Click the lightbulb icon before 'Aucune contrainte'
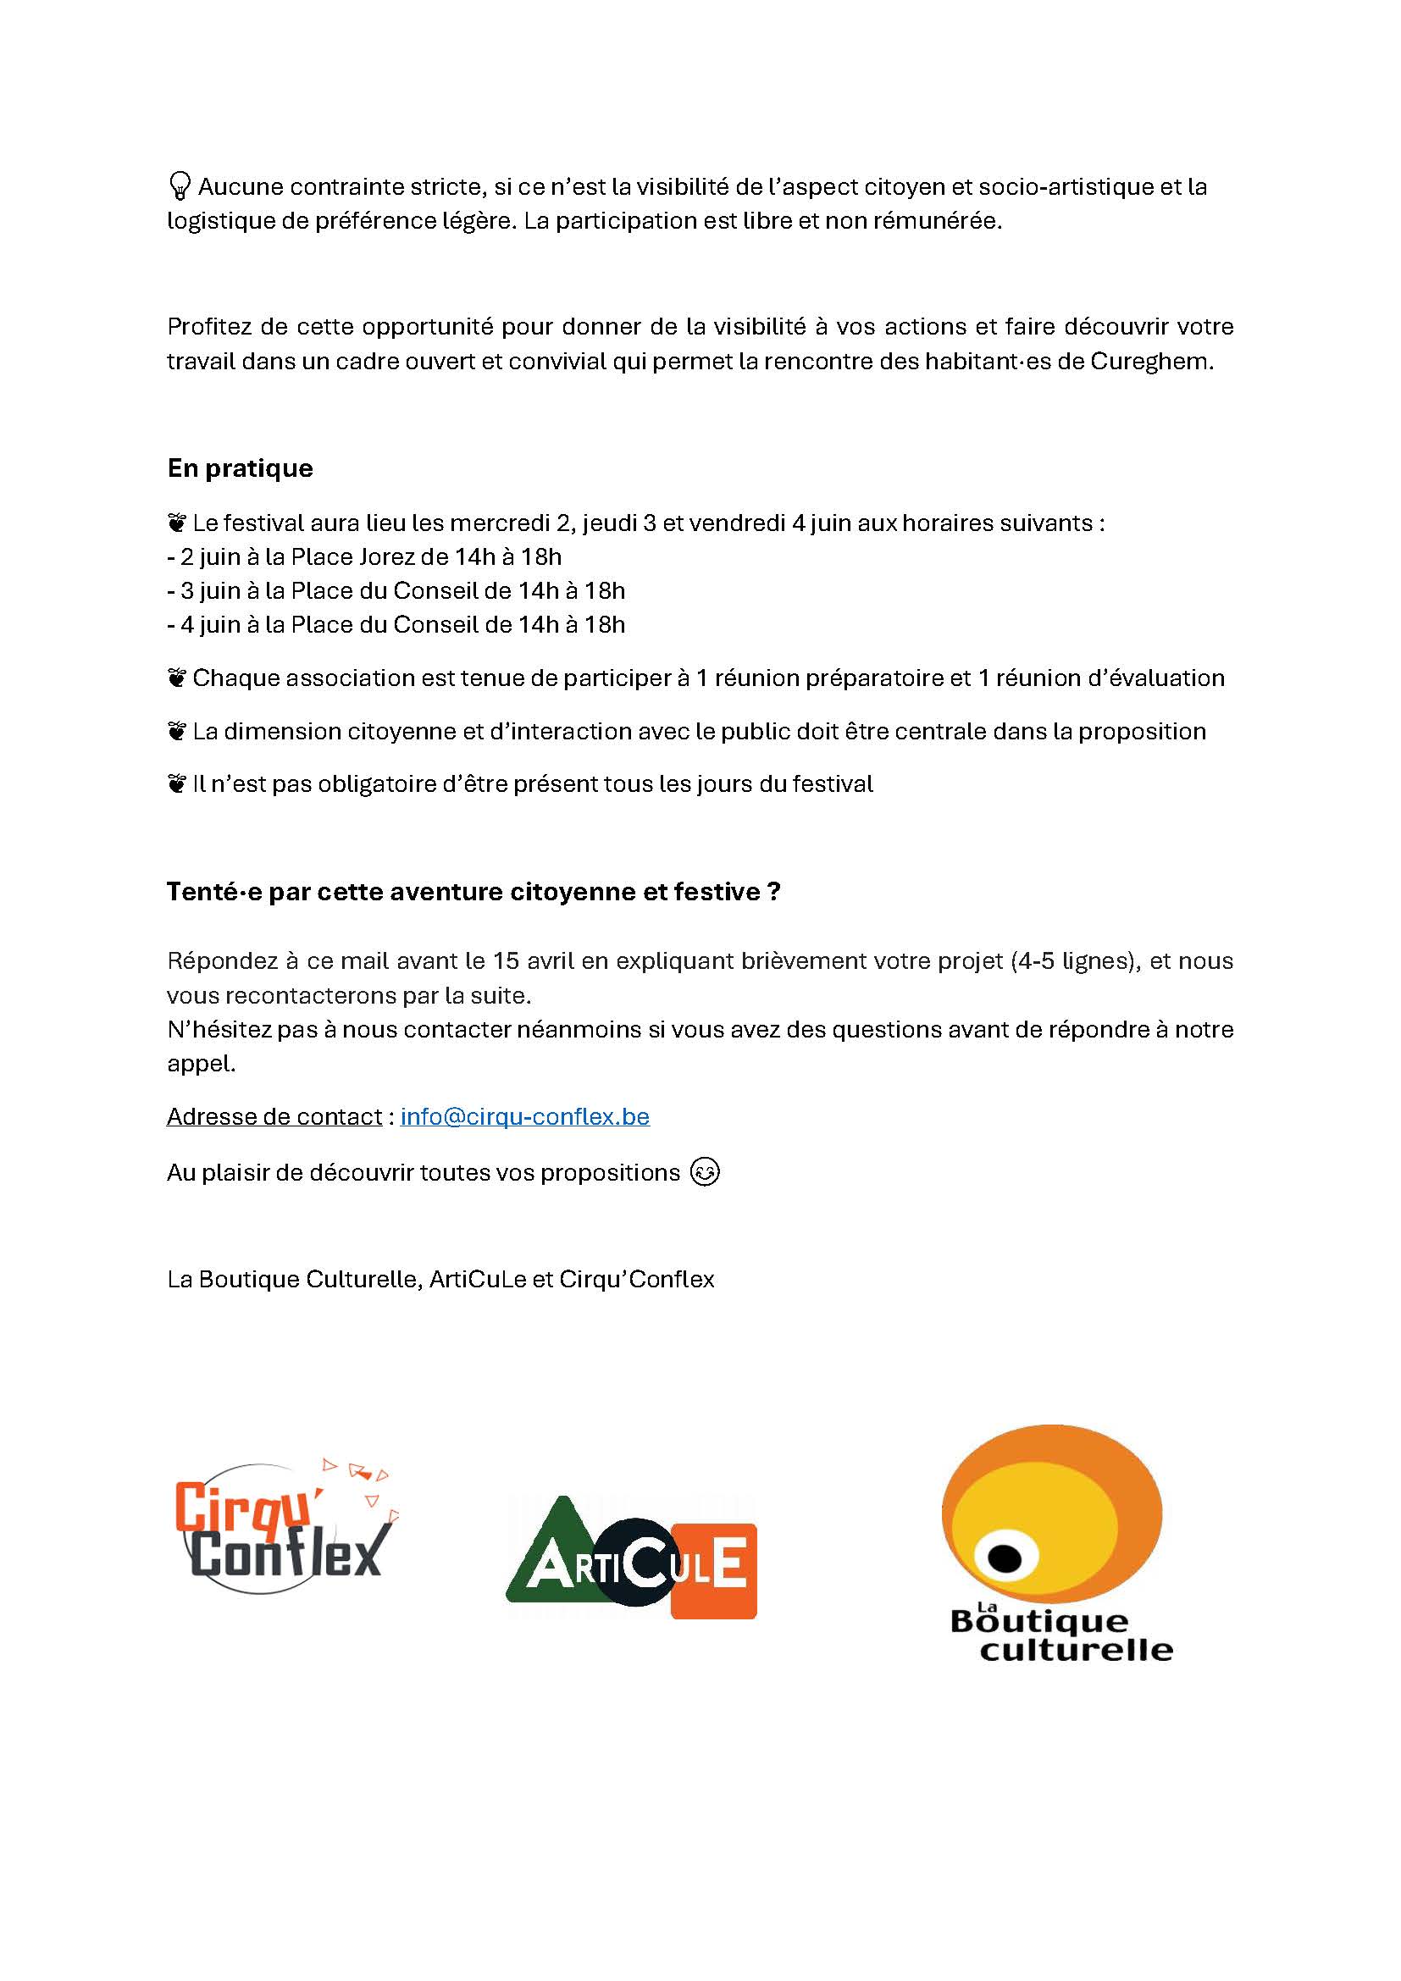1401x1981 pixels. coord(180,185)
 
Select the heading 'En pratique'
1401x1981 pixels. coord(240,468)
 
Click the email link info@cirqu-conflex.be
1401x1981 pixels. coord(524,1116)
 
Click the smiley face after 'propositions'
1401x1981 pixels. coord(705,1172)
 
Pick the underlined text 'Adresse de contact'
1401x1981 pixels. coord(274,1116)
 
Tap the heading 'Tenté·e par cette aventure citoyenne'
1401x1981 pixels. coord(473,892)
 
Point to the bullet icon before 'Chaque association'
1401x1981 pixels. coord(177,678)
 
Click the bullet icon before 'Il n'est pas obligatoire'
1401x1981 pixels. coord(177,784)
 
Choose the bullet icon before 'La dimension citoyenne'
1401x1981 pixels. coord(177,732)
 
